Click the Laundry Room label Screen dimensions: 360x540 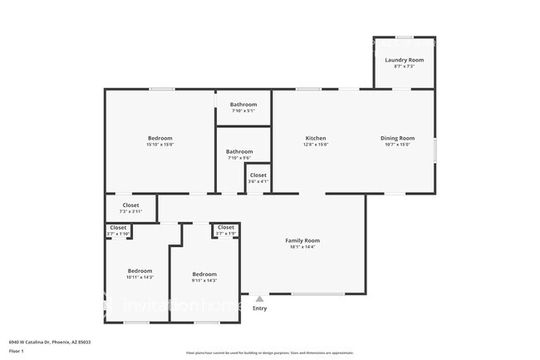pyautogui.click(x=404, y=60)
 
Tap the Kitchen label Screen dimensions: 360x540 pyautogui.click(x=315, y=138)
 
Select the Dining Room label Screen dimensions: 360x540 pyautogui.click(x=397, y=138)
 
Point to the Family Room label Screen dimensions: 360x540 pyautogui.click(x=302, y=240)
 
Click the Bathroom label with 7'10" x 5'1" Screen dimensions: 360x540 pyautogui.click(x=243, y=105)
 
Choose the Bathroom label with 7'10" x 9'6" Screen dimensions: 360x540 pyautogui.click(x=239, y=151)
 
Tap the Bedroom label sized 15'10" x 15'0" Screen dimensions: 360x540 pyautogui.click(x=160, y=138)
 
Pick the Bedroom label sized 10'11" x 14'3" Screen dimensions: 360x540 pyautogui.click(x=140, y=271)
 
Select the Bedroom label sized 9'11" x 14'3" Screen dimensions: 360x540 pyautogui.click(x=204, y=274)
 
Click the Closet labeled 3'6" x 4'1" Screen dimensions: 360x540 pyautogui.click(x=258, y=175)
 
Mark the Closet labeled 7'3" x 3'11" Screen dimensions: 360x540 pyautogui.click(x=130, y=205)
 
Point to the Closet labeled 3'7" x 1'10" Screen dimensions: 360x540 pyautogui.click(x=118, y=227)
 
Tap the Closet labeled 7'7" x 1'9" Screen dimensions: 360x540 pyautogui.click(x=226, y=227)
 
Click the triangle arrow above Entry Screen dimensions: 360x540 pyautogui.click(x=260, y=298)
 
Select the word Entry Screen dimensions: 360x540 pyautogui.click(x=260, y=308)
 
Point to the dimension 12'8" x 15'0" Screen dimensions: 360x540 pyautogui.click(x=315, y=145)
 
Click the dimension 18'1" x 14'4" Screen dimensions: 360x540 pyautogui.click(x=302, y=247)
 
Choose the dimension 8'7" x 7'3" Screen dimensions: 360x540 pyautogui.click(x=404, y=67)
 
